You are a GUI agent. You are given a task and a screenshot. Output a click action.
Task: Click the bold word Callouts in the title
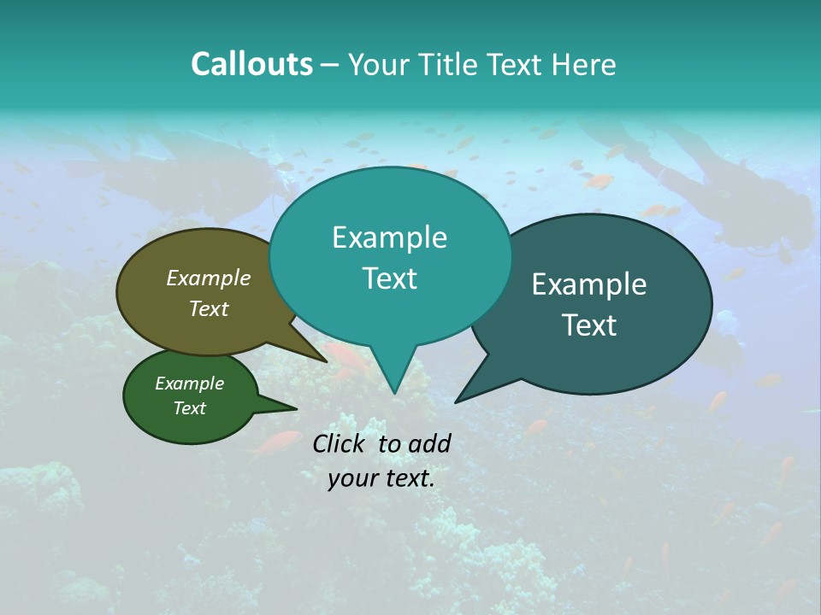click(251, 64)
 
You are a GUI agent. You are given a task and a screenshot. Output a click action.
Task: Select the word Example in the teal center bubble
click(389, 237)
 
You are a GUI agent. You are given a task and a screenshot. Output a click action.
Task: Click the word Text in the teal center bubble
click(389, 278)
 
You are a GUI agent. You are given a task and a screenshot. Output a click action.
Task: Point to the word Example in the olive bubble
click(209, 278)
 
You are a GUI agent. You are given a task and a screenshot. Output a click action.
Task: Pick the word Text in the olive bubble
click(209, 308)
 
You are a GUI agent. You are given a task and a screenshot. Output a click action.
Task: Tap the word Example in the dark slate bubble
click(589, 284)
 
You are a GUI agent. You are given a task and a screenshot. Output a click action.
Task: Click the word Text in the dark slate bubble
click(589, 325)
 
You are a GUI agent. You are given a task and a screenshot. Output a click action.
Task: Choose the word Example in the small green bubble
click(190, 384)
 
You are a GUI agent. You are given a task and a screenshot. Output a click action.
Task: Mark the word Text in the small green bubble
click(190, 408)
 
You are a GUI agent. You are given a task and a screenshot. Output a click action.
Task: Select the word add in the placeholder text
click(429, 443)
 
